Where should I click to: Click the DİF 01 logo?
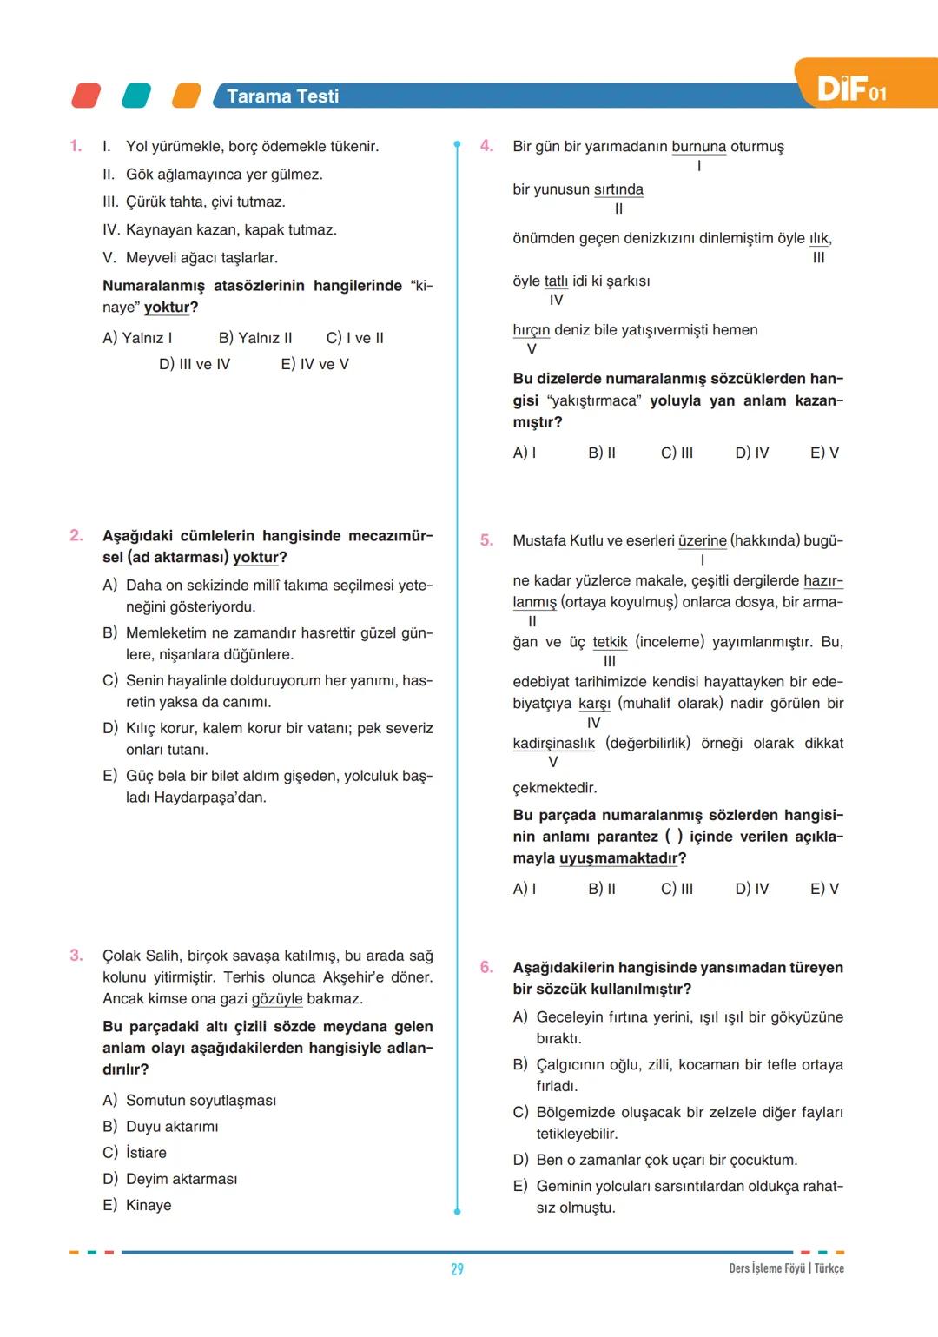click(851, 88)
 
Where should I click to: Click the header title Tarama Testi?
click(282, 96)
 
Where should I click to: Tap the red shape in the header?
click(86, 96)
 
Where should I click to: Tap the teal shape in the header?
click(136, 96)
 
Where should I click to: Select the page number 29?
click(457, 1269)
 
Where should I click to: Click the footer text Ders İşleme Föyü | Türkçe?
click(786, 1268)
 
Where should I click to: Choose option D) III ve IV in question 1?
click(195, 364)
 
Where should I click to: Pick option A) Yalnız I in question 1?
click(137, 338)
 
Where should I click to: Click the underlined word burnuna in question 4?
click(698, 147)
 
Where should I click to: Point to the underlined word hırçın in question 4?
click(531, 330)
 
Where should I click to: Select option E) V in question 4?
click(824, 453)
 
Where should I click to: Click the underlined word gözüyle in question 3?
click(277, 999)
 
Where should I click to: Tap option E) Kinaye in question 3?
click(137, 1205)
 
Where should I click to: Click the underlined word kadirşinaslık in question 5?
click(553, 744)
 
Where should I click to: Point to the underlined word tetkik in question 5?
click(610, 642)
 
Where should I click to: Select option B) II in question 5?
click(602, 889)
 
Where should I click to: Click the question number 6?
click(486, 967)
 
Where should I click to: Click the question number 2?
click(76, 535)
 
